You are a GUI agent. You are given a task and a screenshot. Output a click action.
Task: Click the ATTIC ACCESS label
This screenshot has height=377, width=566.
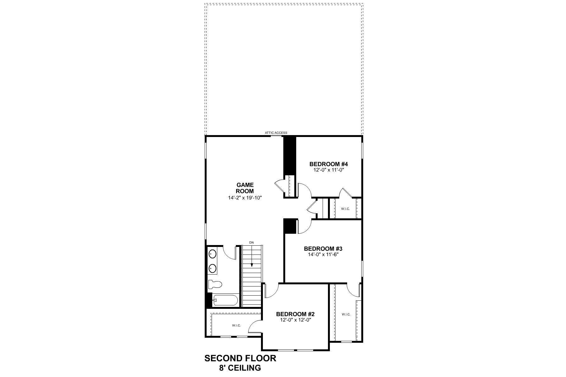pos(276,133)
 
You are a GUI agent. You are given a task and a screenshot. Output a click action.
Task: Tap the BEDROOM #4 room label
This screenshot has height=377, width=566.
pos(328,164)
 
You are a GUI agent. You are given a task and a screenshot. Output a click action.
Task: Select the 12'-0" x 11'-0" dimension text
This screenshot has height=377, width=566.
pos(328,170)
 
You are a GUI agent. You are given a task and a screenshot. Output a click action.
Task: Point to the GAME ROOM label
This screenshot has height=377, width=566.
pos(245,188)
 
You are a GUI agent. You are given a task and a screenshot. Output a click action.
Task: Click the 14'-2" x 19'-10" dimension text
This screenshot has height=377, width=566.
pos(245,198)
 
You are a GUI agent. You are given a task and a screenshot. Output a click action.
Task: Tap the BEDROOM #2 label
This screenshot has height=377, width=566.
pos(295,314)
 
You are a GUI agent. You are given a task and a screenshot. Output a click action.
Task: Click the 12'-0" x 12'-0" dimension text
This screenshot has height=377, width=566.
pos(295,320)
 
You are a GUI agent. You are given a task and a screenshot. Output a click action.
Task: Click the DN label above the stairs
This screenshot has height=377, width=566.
pos(251,243)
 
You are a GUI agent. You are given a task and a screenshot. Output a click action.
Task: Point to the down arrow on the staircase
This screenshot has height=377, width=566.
pos(252,264)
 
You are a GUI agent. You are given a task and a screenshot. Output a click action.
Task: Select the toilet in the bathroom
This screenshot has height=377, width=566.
pos(215,284)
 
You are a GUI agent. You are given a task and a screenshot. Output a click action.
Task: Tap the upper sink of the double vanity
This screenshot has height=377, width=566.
pos(212,254)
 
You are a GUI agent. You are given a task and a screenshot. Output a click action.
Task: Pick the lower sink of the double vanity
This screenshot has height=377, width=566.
pos(212,268)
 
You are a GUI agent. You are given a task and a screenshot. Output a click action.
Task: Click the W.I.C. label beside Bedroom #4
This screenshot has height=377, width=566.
pos(345,209)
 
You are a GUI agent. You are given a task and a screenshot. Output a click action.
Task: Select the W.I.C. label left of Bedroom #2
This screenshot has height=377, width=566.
pos(236,325)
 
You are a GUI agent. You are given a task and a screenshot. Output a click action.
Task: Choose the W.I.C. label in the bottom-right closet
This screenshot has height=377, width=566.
pos(346,314)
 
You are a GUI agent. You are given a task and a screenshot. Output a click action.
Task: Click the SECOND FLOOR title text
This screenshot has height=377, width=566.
pos(240,358)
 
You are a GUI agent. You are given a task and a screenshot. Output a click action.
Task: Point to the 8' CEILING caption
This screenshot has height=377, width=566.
pos(240,368)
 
